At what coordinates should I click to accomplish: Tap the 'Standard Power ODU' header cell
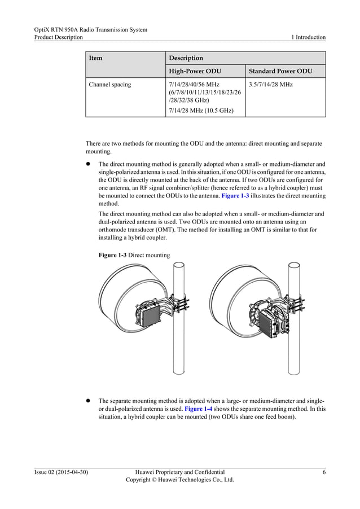pyautogui.click(x=280, y=72)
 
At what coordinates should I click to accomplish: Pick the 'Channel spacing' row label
pyautogui.click(x=110, y=85)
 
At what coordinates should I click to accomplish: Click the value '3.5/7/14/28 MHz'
pyautogui.click(x=270, y=85)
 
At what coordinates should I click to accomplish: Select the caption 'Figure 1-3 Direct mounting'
pyautogui.click(x=134, y=255)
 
